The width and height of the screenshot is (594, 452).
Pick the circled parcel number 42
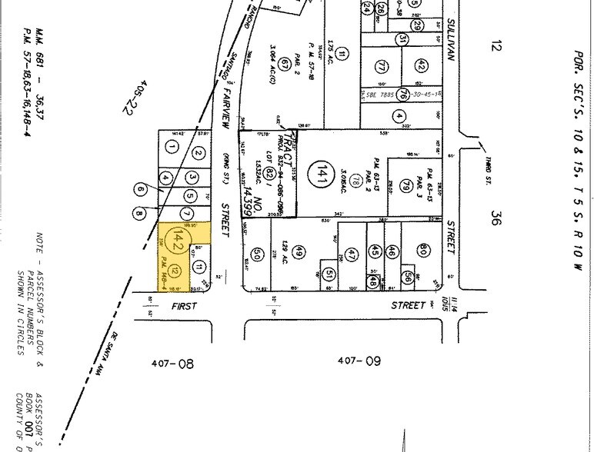(x=420, y=65)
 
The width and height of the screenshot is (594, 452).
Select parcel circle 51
(x=329, y=274)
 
